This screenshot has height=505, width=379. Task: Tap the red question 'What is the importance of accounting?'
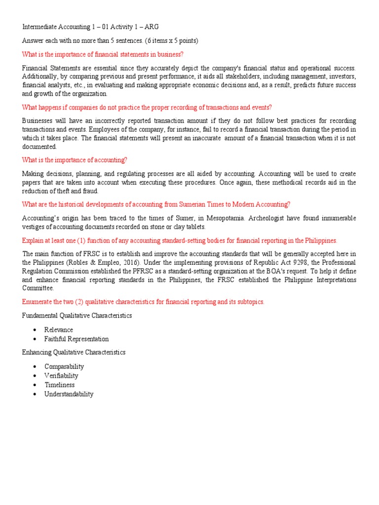pyautogui.click(x=75, y=160)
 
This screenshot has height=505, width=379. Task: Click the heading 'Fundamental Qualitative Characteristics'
pyautogui.click(x=77, y=315)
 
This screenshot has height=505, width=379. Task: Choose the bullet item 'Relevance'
pyautogui.click(x=59, y=329)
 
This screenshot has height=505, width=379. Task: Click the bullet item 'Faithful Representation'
pyautogui.click(x=76, y=339)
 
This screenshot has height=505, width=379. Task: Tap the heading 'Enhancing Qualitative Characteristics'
pyautogui.click(x=74, y=352)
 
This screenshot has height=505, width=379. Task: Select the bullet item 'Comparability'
pyautogui.click(x=64, y=366)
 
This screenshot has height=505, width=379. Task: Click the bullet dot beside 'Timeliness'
pyautogui.click(x=34, y=385)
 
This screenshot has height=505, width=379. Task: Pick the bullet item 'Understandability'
pyautogui.click(x=69, y=394)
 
